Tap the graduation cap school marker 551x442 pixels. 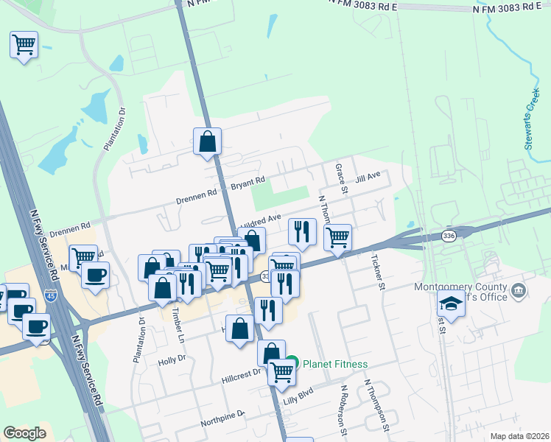pyautogui.click(x=450, y=303)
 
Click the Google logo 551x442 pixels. pyautogui.click(x=25, y=433)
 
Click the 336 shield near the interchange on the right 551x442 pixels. pyautogui.click(x=448, y=236)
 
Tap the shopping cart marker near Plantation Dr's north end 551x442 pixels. pyautogui.click(x=24, y=46)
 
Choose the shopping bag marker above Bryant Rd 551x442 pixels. pyautogui.click(x=208, y=141)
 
